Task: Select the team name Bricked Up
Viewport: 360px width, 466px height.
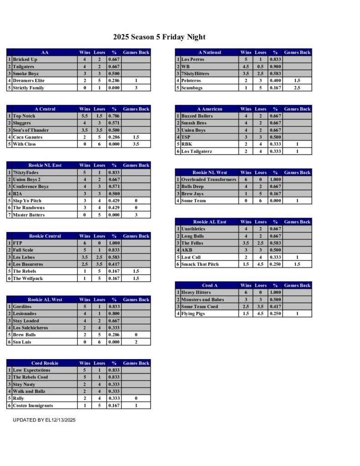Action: (25, 60)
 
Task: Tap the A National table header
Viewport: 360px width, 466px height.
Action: (209, 52)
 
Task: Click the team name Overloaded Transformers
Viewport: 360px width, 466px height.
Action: (208, 180)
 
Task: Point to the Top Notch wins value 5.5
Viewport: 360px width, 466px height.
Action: (85, 116)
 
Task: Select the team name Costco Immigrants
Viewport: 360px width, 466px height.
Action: (33, 405)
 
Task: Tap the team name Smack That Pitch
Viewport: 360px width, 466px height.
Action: (200, 264)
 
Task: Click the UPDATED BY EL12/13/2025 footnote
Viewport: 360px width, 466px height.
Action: (44, 420)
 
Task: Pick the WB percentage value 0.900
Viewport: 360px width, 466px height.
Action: (274, 66)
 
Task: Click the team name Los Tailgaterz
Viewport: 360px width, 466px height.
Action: (197, 152)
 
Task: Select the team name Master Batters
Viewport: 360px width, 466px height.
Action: (29, 215)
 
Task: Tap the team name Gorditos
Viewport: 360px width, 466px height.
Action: (22, 307)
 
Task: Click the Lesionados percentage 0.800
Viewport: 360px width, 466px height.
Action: (113, 314)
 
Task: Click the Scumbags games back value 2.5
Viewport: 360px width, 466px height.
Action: (297, 88)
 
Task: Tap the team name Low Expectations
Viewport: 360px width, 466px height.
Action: (31, 370)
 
